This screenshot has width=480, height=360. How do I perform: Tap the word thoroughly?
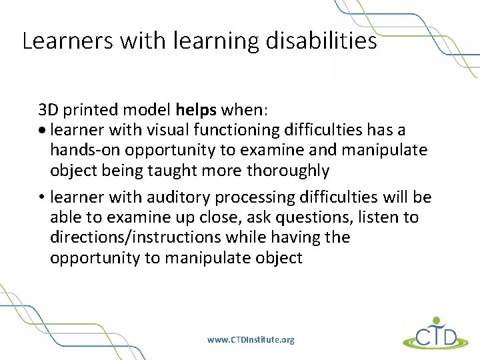pos(288,171)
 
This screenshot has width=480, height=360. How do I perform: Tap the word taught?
pos(193,171)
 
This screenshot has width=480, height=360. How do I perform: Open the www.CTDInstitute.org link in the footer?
pos(250,340)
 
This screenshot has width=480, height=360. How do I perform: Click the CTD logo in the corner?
pos(431,333)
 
